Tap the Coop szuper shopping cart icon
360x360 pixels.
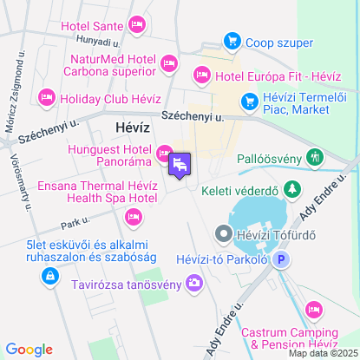[231, 41]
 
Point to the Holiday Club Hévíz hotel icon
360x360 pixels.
[46, 96]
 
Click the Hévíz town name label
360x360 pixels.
[133, 128]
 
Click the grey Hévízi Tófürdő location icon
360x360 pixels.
[223, 232]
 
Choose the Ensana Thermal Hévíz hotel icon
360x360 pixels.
[133, 216]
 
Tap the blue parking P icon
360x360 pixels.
[281, 259]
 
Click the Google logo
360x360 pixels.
[29, 350]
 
